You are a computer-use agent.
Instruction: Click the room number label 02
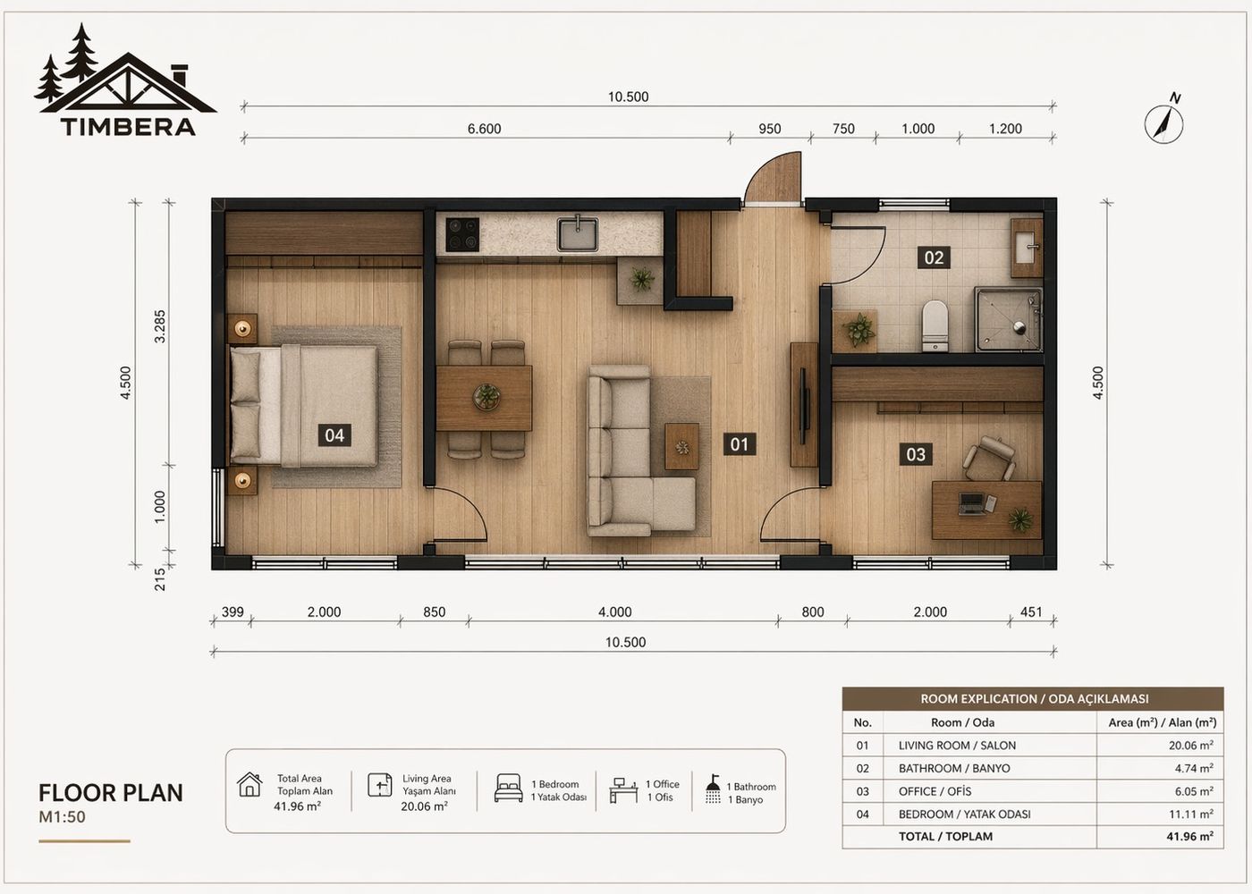pyautogui.click(x=934, y=257)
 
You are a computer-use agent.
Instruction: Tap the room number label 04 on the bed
pyautogui.click(x=334, y=435)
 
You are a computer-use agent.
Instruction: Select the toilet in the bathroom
pyautogui.click(x=935, y=325)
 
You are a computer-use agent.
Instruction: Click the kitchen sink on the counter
pyautogui.click(x=579, y=233)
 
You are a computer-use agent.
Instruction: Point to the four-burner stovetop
pyautogui.click(x=462, y=234)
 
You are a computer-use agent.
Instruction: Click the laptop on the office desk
pyautogui.click(x=972, y=504)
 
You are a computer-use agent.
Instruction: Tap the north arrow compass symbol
pyautogui.click(x=1164, y=122)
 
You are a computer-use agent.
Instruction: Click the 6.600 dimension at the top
pyautogui.click(x=484, y=129)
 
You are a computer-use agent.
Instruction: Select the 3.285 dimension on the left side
pyautogui.click(x=160, y=326)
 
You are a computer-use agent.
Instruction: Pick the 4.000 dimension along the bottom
pyautogui.click(x=614, y=612)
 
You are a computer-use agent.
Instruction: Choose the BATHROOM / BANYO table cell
pyautogui.click(x=954, y=768)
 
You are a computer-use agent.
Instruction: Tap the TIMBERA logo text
pyautogui.click(x=128, y=126)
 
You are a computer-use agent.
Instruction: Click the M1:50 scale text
pyautogui.click(x=62, y=817)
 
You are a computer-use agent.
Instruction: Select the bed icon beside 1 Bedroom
pyautogui.click(x=508, y=789)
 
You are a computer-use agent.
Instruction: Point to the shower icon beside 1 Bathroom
pyautogui.click(x=713, y=789)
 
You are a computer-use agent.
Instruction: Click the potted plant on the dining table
pyautogui.click(x=486, y=396)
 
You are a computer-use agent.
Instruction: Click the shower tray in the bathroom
pyautogui.click(x=1008, y=319)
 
